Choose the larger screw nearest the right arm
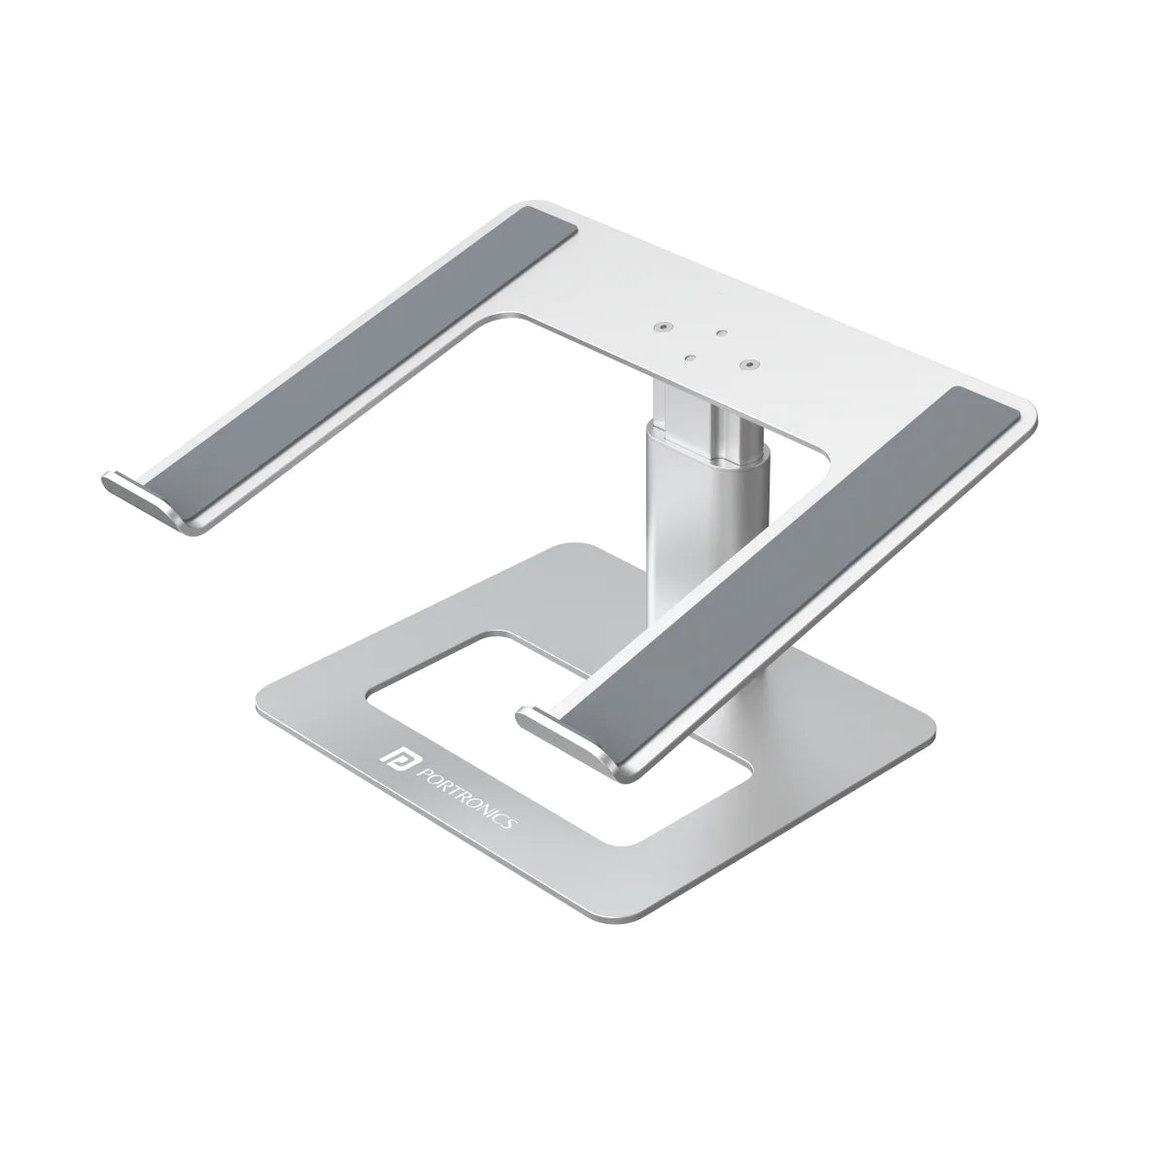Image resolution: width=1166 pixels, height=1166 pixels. click(748, 365)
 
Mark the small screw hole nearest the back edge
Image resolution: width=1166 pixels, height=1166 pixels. click(720, 333)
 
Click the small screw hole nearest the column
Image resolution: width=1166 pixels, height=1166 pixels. click(688, 358)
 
